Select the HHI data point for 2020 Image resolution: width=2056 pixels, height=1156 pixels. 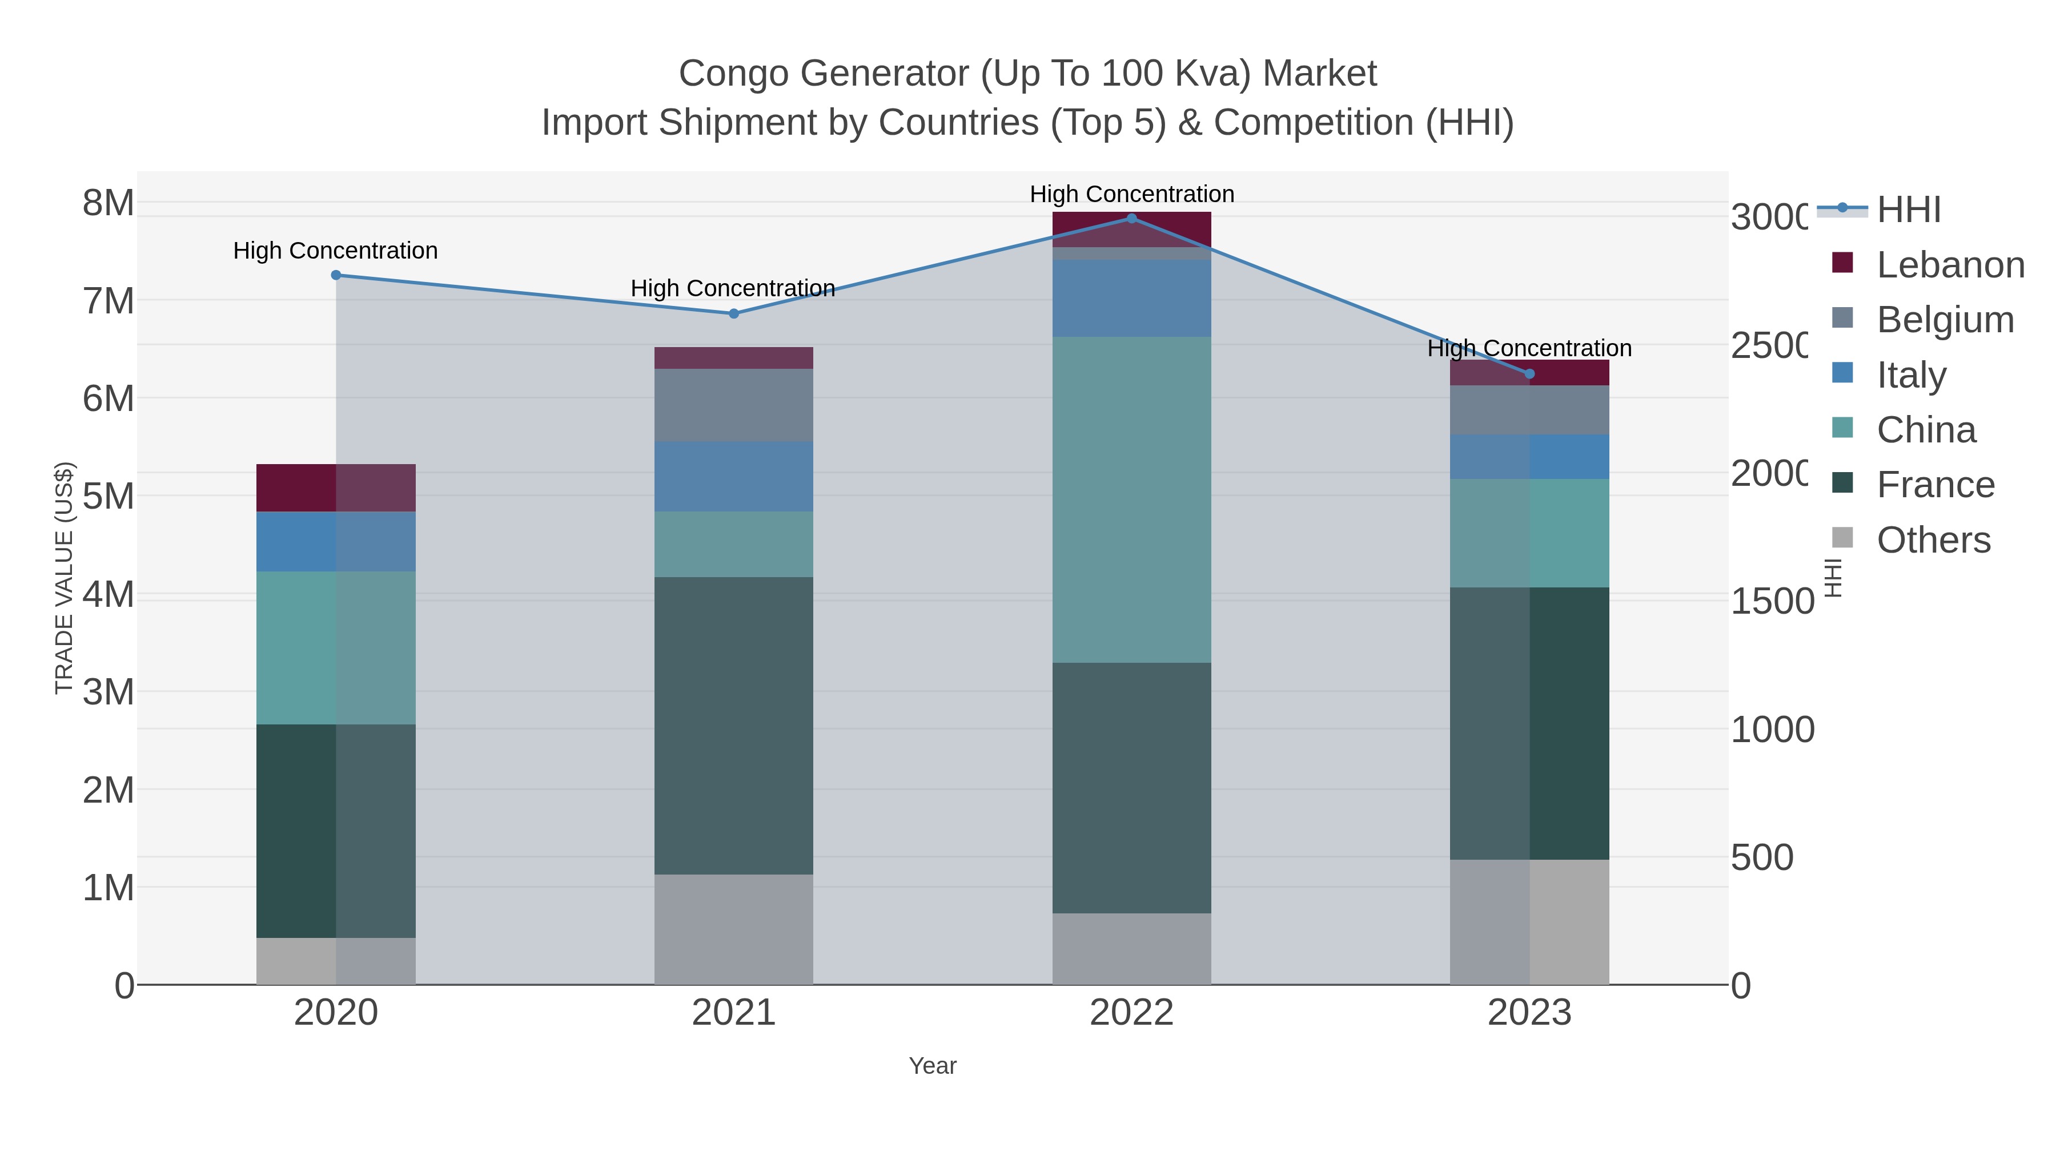click(336, 275)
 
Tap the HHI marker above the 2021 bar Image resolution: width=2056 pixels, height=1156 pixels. click(733, 313)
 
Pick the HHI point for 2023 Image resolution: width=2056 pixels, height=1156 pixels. click(1529, 373)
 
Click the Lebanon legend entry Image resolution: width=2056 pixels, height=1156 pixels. click(1950, 265)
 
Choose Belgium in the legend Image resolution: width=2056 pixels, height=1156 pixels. click(1945, 320)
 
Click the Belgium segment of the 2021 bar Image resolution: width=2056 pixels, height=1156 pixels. click(733, 405)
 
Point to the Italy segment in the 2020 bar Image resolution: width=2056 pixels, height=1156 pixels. click(336, 541)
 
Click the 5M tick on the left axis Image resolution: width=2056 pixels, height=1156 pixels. click(109, 496)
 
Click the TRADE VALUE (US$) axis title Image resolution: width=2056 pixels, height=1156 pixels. click(64, 578)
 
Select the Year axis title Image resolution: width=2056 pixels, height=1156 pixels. click(932, 1066)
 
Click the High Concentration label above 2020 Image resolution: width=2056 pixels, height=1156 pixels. click(335, 251)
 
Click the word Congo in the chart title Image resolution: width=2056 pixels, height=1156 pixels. click(733, 74)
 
